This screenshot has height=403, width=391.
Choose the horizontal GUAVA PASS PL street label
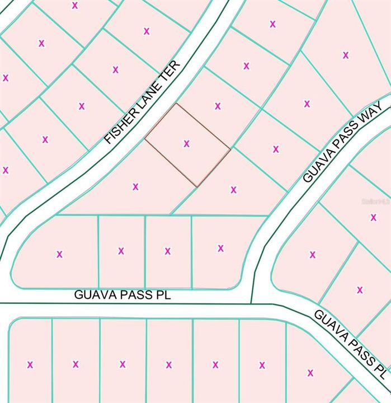[x=123, y=295]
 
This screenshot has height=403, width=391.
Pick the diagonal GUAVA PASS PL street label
[x=350, y=344]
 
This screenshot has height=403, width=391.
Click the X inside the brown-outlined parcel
[x=186, y=143]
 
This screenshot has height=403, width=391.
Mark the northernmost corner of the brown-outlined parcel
[x=177, y=104]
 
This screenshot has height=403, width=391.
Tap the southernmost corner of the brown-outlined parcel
[x=197, y=186]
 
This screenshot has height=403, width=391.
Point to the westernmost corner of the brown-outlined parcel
[x=145, y=138]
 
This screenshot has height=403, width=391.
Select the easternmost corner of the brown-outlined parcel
[x=230, y=148]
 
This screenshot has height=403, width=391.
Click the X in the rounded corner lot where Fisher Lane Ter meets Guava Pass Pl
[x=59, y=254]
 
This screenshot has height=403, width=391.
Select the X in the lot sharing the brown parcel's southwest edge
[x=135, y=186]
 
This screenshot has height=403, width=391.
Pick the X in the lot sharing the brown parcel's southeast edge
[x=233, y=190]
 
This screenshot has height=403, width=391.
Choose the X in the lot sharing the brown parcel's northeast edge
[x=218, y=106]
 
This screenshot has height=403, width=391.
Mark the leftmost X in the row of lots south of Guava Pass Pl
[x=30, y=365]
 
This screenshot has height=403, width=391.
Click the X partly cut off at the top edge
[x=75, y=5]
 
